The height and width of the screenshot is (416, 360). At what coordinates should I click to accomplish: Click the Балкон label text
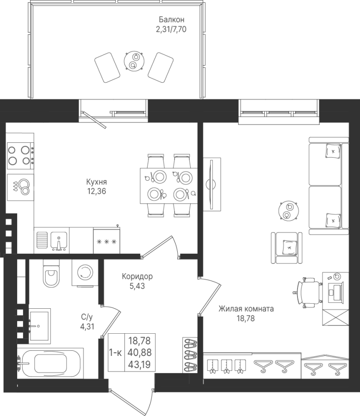point(171,19)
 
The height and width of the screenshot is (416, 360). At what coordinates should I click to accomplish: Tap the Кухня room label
point(96,182)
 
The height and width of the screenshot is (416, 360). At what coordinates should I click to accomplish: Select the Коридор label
point(137,277)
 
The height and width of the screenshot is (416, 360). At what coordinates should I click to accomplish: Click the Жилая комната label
point(246,309)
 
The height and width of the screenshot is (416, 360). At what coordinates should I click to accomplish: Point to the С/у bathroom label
point(87,317)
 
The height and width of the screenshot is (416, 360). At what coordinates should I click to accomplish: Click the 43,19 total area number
point(140,365)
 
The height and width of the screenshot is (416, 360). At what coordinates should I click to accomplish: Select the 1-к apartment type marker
point(116,353)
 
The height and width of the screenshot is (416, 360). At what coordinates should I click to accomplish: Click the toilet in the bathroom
point(51,273)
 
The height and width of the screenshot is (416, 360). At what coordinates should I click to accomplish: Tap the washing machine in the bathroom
point(85,272)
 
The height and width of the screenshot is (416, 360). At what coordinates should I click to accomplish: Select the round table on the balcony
point(134,61)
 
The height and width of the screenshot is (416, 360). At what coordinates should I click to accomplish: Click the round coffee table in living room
point(288,210)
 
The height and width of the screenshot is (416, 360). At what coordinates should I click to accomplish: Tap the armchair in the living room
point(287,248)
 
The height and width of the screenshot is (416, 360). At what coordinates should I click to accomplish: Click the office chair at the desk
point(308,293)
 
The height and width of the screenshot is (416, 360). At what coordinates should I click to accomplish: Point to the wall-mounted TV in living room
point(212,184)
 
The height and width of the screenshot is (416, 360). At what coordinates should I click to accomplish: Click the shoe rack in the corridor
point(190,355)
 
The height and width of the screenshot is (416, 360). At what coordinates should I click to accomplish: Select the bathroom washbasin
point(40,325)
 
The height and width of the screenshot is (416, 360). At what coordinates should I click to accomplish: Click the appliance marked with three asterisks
point(106,241)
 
